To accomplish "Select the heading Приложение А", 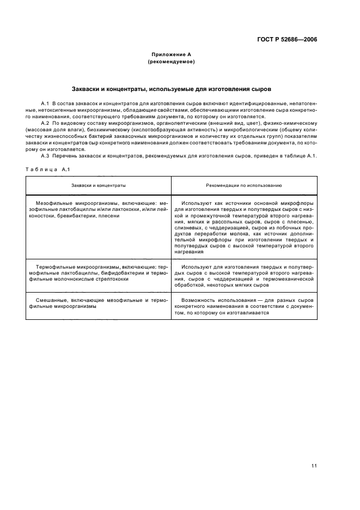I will (x=171, y=54).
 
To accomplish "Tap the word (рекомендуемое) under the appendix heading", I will (x=171, y=62).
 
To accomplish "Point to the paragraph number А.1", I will (x=46, y=103).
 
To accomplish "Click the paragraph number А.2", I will (x=46, y=123).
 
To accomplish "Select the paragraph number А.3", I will (x=46, y=156).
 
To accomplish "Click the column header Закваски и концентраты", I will (x=99, y=185).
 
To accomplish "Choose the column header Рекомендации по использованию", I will (x=244, y=185).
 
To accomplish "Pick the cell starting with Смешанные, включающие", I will (x=99, y=303).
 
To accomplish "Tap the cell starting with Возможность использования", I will (x=244, y=306).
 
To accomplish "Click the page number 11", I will (x=314, y=465).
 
